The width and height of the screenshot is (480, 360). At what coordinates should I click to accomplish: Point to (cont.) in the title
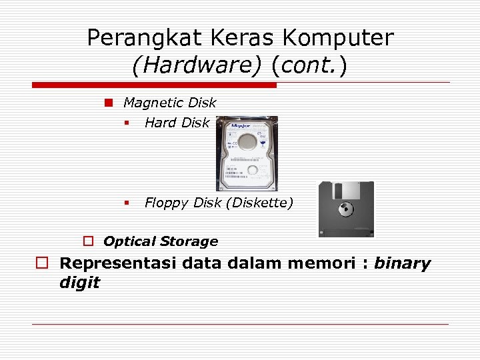coord(309,66)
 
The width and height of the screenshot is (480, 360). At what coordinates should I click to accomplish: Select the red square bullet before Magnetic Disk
coord(107,103)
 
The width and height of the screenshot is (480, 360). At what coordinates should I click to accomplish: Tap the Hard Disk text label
coord(177,123)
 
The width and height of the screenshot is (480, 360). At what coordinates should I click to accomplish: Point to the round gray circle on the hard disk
coord(247,141)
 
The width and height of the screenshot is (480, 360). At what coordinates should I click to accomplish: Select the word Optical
coord(130,241)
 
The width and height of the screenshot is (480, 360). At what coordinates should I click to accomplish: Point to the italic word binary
coord(402,263)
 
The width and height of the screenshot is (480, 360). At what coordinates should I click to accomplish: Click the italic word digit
coord(79,283)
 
